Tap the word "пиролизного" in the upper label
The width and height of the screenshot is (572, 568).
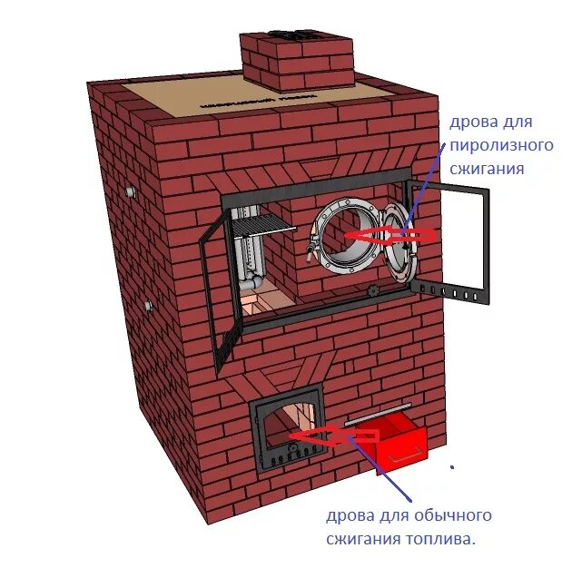pos(502,145)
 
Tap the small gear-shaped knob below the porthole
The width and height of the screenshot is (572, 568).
pos(372,291)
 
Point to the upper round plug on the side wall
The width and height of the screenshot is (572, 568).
pos(133,192)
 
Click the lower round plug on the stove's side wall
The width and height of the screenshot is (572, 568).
pos(145,305)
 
